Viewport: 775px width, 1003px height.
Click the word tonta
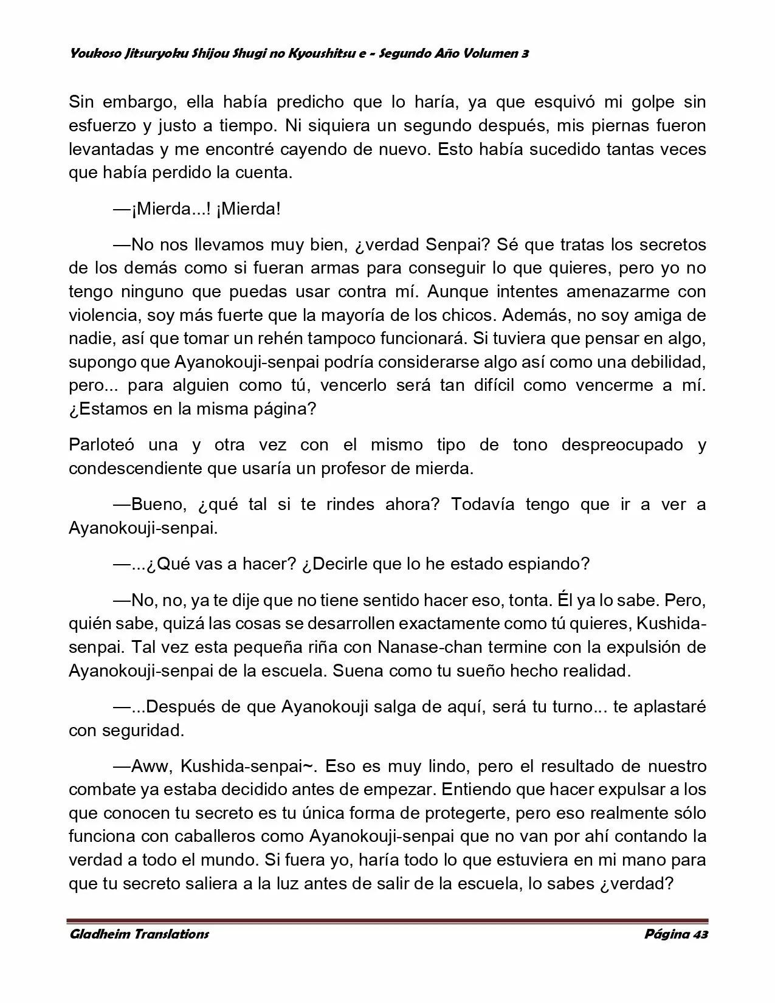point(527,601)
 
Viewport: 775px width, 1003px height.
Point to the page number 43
point(700,934)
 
